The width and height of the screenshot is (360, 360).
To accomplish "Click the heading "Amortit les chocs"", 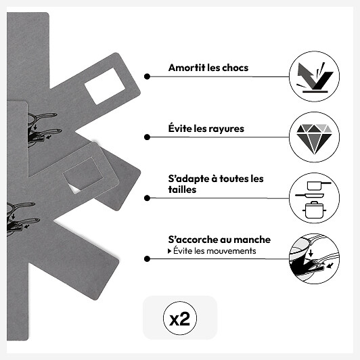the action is click(x=208, y=68).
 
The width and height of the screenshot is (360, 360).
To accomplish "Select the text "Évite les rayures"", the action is click(x=206, y=128).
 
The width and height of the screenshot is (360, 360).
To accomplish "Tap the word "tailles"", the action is click(x=182, y=189).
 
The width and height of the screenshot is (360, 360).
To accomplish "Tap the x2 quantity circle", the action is click(x=180, y=318).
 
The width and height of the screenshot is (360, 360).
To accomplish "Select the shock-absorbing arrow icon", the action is click(x=314, y=77).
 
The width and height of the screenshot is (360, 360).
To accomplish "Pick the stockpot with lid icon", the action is click(x=314, y=210).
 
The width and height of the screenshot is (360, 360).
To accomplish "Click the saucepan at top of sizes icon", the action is click(x=319, y=185).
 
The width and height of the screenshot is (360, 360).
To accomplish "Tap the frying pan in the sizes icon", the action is click(x=309, y=196).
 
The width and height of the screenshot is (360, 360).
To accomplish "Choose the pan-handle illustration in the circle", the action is click(x=314, y=258).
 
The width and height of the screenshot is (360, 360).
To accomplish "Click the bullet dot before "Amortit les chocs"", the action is click(x=147, y=76).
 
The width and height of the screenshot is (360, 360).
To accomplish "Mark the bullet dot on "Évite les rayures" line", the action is click(x=147, y=137).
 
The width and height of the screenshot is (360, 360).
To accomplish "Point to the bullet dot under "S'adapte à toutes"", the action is click(x=147, y=198).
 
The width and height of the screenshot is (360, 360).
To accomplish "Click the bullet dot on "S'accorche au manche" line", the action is click(x=147, y=258).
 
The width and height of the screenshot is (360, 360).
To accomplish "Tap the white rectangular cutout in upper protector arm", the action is click(x=105, y=86).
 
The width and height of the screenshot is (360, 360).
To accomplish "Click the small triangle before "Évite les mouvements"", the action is click(x=169, y=251).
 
